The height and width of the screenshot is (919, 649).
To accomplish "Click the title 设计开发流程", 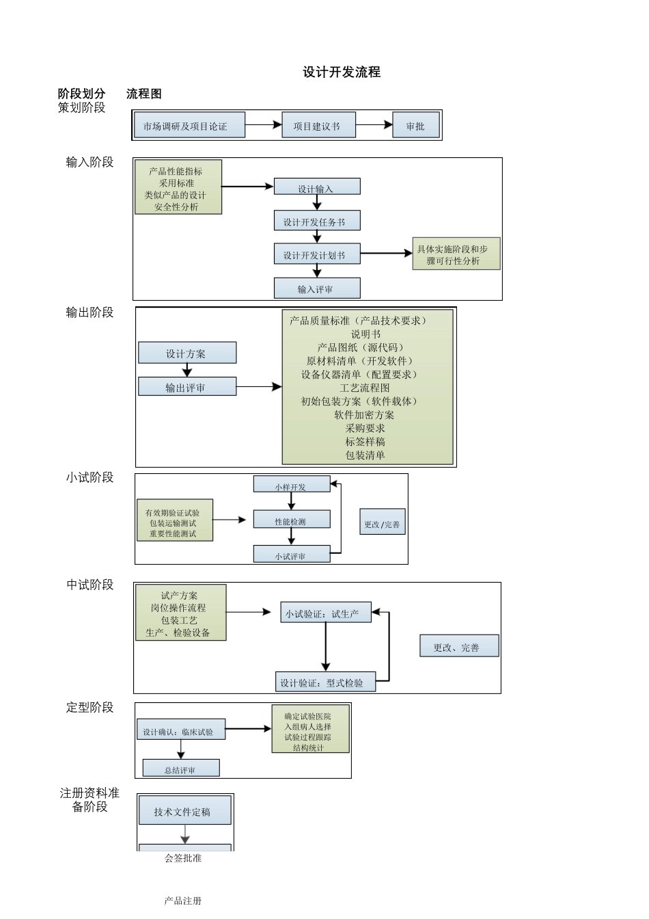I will pos(342,72).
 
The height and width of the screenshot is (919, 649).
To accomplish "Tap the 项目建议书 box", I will pos(318,126).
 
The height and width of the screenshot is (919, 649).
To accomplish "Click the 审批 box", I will pos(415,126).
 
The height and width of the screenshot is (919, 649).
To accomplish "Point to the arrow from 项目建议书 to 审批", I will pos(374,125).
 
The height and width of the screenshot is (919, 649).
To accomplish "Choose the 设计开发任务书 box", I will pos(317,221).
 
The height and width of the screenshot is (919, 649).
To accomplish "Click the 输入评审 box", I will pos(317,289).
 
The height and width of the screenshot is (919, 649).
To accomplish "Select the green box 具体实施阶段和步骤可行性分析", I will pos(456,254).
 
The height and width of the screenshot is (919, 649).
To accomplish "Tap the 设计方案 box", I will pos(187,353).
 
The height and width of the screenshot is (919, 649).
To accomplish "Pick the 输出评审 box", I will pos(187,387).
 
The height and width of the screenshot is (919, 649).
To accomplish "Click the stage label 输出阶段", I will pos(89,312).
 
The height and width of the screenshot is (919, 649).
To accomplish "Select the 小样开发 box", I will pos(292,486).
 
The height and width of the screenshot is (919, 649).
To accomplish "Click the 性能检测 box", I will pos(292,520).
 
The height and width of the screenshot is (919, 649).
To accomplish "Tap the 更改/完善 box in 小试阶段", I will pos(382,524).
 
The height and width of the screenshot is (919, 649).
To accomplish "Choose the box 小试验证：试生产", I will pos(326,613).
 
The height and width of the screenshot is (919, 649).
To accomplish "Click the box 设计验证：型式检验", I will pos(325,682).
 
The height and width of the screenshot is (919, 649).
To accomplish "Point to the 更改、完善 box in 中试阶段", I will pos(458,646).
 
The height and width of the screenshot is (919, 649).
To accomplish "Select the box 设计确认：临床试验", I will pos(181,731).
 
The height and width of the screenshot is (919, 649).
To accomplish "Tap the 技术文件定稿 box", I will pos(184,812).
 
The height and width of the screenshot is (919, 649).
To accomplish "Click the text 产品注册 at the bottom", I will pos(183,901).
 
